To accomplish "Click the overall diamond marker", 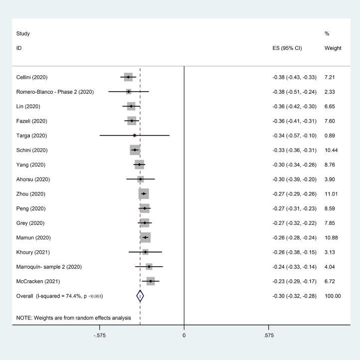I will pyautogui.click(x=140, y=296).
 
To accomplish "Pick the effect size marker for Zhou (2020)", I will pyautogui.click(x=144, y=193).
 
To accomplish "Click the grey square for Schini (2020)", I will pyautogui.click(x=135, y=150).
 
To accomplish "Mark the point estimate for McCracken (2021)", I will pyautogui.click(x=151, y=281).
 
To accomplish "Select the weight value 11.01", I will pyautogui.click(x=332, y=193).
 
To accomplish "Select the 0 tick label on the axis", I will pyautogui.click(x=184, y=336).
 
